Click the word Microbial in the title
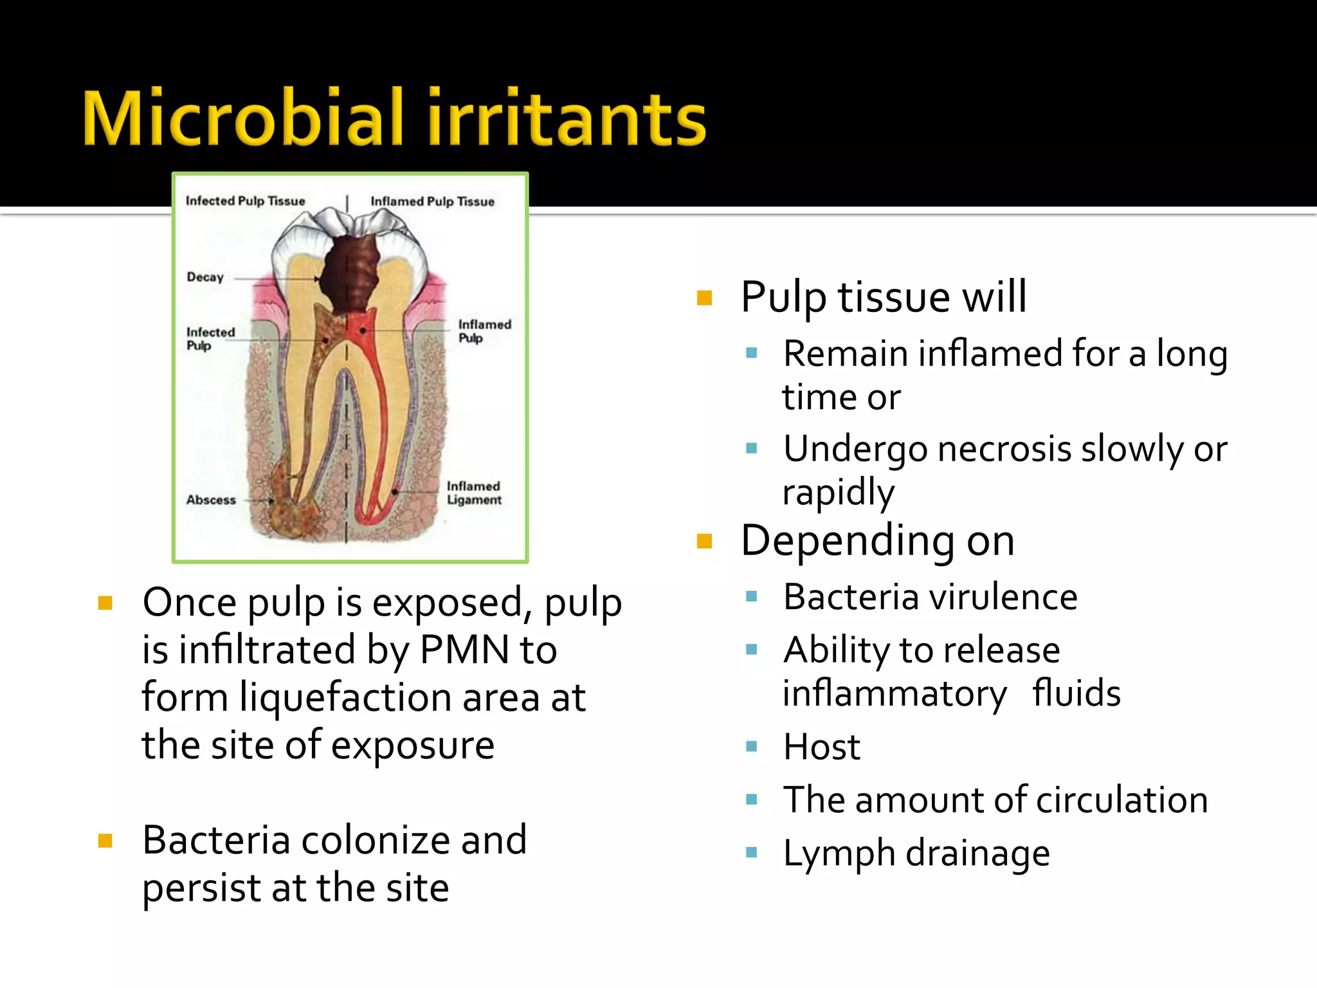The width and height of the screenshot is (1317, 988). (243, 118)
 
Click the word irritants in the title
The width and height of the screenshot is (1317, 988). (566, 118)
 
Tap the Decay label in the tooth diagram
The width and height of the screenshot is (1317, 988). (205, 277)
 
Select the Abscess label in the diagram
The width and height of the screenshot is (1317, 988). (211, 500)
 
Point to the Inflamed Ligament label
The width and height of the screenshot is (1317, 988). (474, 493)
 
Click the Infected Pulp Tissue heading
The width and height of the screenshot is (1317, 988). (245, 201)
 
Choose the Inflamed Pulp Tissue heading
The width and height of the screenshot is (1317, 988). (432, 201)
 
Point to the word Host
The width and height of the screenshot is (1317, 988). (821, 747)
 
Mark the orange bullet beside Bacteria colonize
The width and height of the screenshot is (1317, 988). (105, 841)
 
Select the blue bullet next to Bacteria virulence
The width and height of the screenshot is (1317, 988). (751, 596)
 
